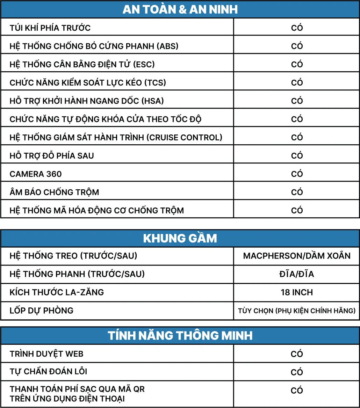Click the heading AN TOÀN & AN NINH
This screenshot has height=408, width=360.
pyautogui.click(x=180, y=9)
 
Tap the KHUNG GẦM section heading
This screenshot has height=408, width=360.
pyautogui.click(x=180, y=238)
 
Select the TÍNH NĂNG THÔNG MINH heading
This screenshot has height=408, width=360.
pyautogui.click(x=180, y=336)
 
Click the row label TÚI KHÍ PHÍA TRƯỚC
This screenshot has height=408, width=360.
pyautogui.click(x=50, y=28)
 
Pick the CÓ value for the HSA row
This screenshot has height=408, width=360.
pyautogui.click(x=297, y=101)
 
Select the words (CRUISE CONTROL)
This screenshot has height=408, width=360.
pyautogui.click(x=184, y=138)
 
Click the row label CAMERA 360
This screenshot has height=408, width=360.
pyautogui.click(x=36, y=174)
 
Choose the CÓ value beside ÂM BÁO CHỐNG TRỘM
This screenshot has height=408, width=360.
pyautogui.click(x=297, y=192)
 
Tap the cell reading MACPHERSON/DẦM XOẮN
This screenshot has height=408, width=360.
pyautogui.click(x=297, y=256)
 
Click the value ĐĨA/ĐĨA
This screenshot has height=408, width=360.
pyautogui.click(x=297, y=274)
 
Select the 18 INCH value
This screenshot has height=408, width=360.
pyautogui.click(x=297, y=292)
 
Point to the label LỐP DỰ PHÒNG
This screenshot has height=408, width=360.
pyautogui.click(x=42, y=311)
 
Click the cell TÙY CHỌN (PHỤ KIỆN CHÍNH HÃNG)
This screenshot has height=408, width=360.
pyautogui.click(x=297, y=311)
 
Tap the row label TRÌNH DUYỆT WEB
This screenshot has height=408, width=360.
pyautogui.click(x=46, y=354)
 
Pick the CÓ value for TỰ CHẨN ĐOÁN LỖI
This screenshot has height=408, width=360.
pyautogui.click(x=297, y=372)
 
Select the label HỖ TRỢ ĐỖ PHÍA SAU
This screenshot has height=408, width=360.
pyautogui.click(x=52, y=156)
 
